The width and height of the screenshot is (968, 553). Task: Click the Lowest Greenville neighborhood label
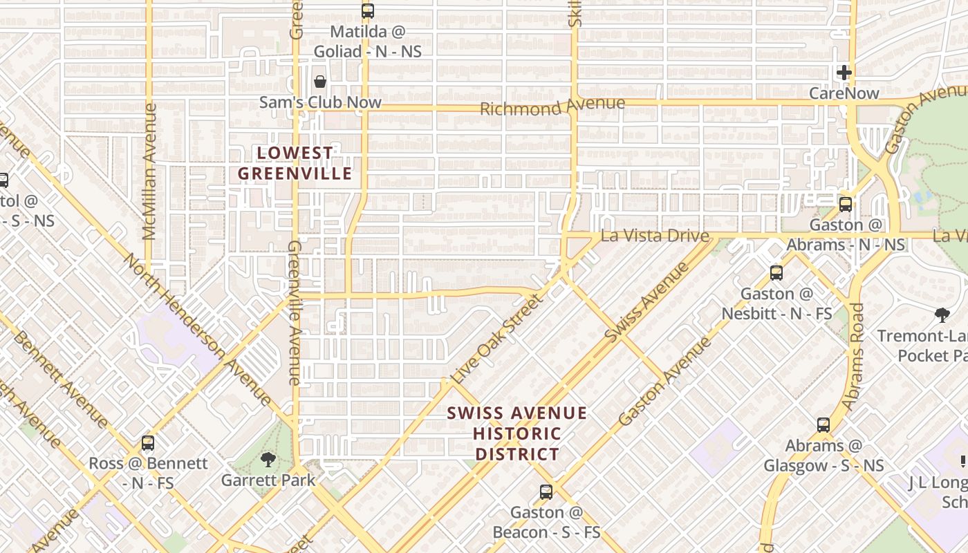(295, 163)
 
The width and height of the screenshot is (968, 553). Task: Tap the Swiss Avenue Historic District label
(516, 433)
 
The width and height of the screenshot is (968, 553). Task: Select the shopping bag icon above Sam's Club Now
(320, 82)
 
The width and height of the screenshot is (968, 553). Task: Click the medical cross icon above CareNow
(844, 73)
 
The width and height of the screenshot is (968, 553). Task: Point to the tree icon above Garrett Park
(268, 460)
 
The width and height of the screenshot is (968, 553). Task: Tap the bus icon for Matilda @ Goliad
(367, 11)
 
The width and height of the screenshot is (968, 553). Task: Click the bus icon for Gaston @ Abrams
(845, 205)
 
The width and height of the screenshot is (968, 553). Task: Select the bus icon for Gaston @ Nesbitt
(776, 273)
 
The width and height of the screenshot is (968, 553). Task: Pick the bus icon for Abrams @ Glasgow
(823, 425)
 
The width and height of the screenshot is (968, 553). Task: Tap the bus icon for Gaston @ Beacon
(546, 492)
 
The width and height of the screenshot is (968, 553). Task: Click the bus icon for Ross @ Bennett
(147, 443)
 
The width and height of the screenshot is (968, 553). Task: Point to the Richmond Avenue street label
(552, 106)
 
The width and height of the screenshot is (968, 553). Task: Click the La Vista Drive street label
(655, 236)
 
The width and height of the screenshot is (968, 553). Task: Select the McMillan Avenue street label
(149, 171)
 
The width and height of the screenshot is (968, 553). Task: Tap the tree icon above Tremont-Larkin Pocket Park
(941, 316)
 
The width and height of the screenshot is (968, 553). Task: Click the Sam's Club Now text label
(320, 102)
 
